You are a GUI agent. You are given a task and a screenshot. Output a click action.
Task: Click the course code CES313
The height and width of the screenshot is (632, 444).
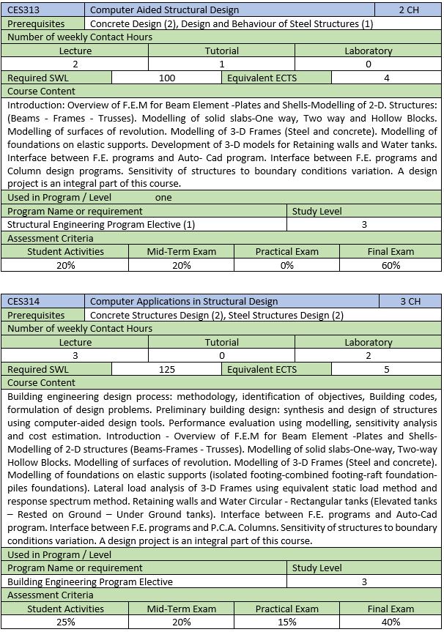(x=23, y=10)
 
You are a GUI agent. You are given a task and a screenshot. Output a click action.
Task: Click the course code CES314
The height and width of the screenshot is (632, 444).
(x=23, y=301)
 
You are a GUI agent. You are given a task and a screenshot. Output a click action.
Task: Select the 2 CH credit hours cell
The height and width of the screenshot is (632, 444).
(x=409, y=10)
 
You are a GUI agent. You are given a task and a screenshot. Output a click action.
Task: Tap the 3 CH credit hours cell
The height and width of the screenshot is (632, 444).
(x=410, y=301)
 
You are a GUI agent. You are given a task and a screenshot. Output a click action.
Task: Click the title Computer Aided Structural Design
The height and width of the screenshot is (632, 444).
(x=164, y=10)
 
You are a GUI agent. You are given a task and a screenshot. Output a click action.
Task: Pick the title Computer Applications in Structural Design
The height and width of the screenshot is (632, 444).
(x=184, y=301)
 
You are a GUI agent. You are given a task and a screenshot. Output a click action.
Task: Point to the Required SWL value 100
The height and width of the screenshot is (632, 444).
(x=167, y=78)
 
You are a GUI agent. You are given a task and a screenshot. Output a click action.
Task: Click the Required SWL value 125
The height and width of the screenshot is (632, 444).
(x=167, y=369)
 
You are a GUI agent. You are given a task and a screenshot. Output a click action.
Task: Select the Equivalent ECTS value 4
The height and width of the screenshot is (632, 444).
(x=386, y=78)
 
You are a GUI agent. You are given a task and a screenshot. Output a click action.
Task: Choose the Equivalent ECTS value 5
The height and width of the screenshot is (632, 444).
(x=386, y=369)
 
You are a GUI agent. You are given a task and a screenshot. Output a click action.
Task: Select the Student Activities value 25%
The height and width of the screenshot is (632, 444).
(x=65, y=622)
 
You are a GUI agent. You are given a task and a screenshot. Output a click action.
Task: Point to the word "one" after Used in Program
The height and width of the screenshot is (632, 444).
(x=163, y=198)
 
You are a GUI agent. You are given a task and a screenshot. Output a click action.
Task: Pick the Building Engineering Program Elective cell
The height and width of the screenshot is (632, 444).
(x=90, y=581)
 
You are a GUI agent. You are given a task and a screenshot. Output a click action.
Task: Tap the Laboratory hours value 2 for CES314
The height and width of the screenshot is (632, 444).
(x=369, y=355)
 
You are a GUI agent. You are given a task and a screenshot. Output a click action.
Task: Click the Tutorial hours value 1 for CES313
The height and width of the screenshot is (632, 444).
(x=222, y=64)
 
